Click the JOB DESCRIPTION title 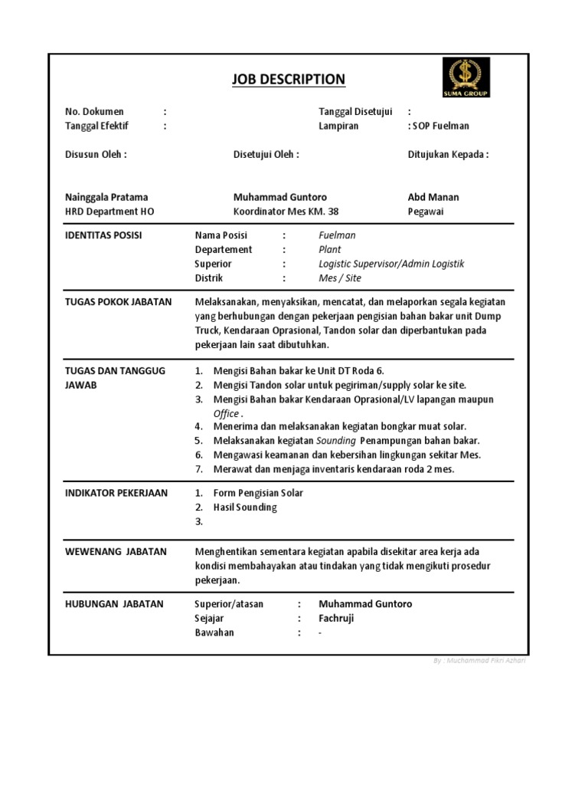[288, 80]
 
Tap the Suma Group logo [465, 77]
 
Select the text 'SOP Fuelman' [442, 126]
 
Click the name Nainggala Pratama [106, 197]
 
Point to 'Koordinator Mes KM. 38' [286, 211]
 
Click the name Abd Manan [433, 197]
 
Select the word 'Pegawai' [426, 211]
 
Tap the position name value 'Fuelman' [337, 235]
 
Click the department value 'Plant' [330, 249]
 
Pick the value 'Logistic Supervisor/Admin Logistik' [391, 264]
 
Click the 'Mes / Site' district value [340, 278]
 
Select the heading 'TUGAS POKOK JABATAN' [118, 302]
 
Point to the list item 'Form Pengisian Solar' [258, 493]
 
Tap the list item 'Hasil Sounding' [245, 507]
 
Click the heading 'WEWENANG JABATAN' [116, 551]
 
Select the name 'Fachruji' [336, 618]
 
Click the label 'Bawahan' [214, 632]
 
